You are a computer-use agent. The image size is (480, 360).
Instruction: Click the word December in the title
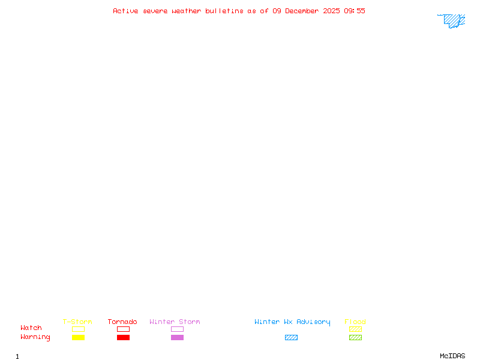pyautogui.click(x=302, y=11)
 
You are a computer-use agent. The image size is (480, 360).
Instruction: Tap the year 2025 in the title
pyautogui.click(x=331, y=11)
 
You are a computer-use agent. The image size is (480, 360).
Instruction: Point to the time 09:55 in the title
pyautogui.click(x=355, y=11)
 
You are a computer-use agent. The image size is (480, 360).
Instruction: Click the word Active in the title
pyautogui.click(x=125, y=11)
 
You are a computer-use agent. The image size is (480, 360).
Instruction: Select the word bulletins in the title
pyautogui.click(x=224, y=11)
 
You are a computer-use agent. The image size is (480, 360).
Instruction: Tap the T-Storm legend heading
pyautogui.click(x=77, y=322)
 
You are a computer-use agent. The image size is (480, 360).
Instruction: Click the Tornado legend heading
pyautogui.click(x=122, y=322)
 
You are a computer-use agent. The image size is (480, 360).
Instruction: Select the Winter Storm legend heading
pyautogui.click(x=175, y=322)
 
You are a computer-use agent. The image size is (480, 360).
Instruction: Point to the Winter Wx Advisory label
pyautogui.click(x=292, y=322)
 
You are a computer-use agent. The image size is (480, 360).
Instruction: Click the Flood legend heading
pyautogui.click(x=355, y=322)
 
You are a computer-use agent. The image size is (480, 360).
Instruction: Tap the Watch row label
pyautogui.click(x=31, y=328)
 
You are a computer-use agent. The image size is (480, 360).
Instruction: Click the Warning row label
pyautogui.click(x=35, y=337)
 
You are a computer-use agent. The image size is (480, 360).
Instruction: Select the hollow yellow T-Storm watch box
pyautogui.click(x=79, y=326)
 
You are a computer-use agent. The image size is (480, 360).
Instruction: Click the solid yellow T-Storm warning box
pyautogui.click(x=79, y=337)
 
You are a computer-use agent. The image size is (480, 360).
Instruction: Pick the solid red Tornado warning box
pyautogui.click(x=124, y=337)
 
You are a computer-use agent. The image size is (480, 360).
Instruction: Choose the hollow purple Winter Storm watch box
pyautogui.click(x=177, y=326)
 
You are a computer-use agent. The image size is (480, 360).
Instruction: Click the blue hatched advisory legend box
pyautogui.click(x=291, y=337)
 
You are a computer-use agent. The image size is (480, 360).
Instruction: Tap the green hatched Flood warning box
pyautogui.click(x=355, y=337)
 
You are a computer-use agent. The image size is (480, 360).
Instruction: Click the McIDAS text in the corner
pyautogui.click(x=452, y=356)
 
